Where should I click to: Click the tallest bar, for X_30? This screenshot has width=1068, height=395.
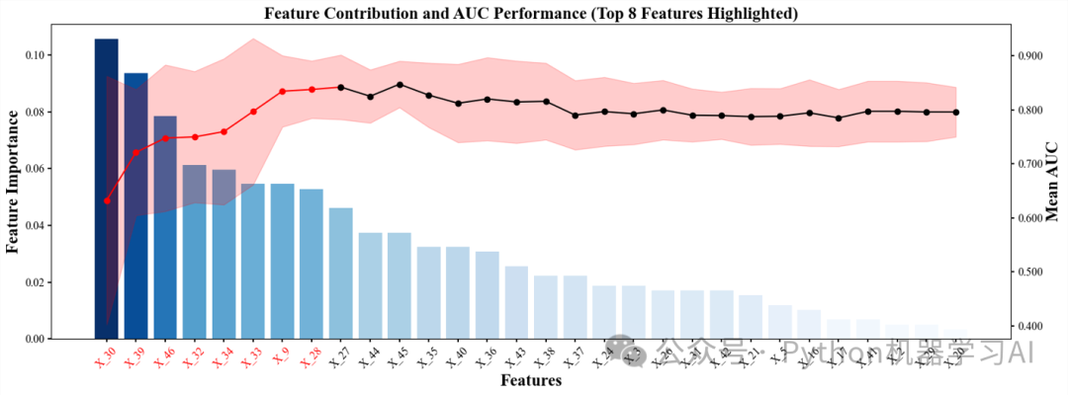106,188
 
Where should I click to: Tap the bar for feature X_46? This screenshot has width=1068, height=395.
165,227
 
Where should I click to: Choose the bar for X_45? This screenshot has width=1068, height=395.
400,286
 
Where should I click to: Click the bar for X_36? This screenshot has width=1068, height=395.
488,295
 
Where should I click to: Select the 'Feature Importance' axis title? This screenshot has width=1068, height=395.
14,181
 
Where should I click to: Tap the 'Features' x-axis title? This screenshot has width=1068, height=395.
531,380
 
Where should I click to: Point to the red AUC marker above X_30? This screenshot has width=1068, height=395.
107,200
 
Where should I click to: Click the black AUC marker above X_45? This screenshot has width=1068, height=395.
400,85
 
